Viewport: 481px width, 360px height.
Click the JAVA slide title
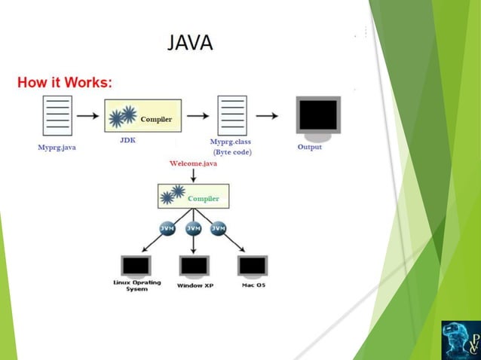coord(190,42)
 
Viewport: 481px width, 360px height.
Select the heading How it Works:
coord(65,81)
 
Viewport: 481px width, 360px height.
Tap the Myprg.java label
coord(57,148)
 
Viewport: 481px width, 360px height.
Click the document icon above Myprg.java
coord(57,115)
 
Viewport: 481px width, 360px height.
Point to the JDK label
coord(127,140)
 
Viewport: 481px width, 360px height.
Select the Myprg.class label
coord(231,142)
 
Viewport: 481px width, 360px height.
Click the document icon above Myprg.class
coord(231,115)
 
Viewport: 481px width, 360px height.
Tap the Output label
coord(309,147)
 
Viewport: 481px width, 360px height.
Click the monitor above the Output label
coord(318,116)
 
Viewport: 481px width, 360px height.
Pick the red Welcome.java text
coord(193,163)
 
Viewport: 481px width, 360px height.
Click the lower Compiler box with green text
coord(193,197)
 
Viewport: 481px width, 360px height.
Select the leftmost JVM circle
coord(168,228)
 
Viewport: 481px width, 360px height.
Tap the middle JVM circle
coord(194,228)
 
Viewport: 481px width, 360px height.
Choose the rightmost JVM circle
coord(219,228)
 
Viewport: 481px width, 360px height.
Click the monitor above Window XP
coord(194,266)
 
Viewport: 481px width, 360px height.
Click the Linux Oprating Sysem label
coord(136,286)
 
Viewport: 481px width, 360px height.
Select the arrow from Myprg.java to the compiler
coord(87,116)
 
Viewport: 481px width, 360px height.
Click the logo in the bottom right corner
coord(460,339)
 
